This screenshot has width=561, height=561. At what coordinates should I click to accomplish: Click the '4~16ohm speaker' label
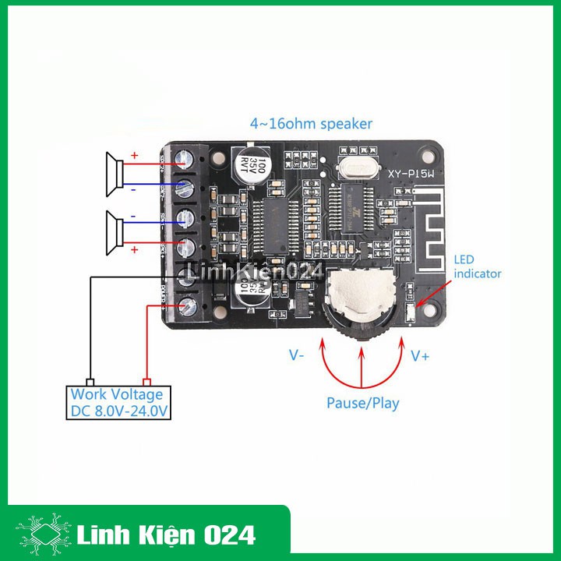click(311, 124)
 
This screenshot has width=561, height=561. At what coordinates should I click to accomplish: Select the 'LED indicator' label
click(477, 266)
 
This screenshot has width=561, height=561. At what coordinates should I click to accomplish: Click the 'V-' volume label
click(297, 355)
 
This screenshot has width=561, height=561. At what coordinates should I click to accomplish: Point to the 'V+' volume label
click(420, 355)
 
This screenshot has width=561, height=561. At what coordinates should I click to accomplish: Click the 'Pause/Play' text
click(362, 403)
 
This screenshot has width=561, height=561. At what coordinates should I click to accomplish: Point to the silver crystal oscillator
click(358, 166)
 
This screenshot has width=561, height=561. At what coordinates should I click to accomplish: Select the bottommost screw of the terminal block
click(187, 306)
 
